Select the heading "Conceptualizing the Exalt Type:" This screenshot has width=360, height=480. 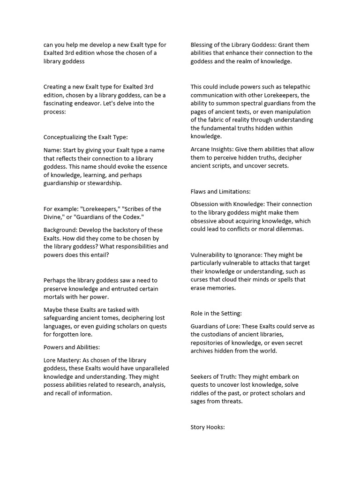click(85, 137)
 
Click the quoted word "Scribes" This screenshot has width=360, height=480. click(135, 209)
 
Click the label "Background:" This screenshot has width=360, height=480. click(60, 230)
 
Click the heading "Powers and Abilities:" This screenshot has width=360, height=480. click(72, 347)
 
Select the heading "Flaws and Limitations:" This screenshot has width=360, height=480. click(220, 191)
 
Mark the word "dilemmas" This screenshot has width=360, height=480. click(290, 229)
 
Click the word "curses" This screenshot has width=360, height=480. click(200, 279)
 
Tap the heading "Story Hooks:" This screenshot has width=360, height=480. click(208, 427)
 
